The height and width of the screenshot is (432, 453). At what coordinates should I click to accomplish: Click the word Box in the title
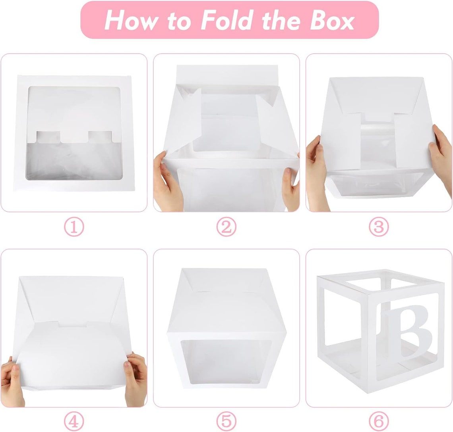click(332, 20)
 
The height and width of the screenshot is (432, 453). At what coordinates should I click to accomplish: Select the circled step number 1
click(74, 227)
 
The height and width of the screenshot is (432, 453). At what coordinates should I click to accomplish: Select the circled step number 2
click(226, 227)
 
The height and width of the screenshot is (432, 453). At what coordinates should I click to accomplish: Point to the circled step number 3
click(378, 227)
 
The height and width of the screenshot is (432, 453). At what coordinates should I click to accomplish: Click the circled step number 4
click(74, 420)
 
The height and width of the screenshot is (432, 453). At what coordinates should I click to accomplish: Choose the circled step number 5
click(226, 420)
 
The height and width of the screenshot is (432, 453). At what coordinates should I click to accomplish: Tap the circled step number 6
click(378, 420)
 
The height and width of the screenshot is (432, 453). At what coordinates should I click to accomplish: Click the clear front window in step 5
click(226, 361)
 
